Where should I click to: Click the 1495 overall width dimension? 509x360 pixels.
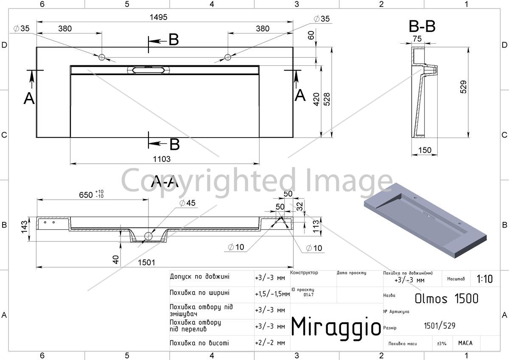point(158,17)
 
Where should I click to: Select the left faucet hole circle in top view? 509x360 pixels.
point(101,57)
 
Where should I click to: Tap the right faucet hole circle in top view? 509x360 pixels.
point(228,57)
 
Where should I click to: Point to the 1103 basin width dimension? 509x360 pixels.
point(162,159)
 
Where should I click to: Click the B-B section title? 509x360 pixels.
point(422,26)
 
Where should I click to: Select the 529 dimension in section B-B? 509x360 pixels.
point(463,87)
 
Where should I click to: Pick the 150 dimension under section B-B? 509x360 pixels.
point(425,150)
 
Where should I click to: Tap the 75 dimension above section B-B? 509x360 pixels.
point(417,39)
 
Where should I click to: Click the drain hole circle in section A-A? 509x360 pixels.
point(148,236)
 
